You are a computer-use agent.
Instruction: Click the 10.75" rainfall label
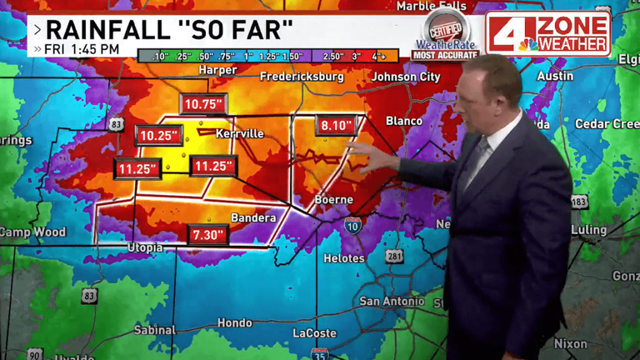203,104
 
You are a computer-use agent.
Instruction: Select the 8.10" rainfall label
337,126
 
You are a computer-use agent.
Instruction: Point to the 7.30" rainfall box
207,235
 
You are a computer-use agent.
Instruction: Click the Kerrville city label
239,133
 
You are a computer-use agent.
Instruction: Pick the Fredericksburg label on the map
302,77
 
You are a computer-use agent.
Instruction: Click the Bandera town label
253,218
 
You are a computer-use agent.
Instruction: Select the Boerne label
333,200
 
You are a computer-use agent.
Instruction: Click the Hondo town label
234,322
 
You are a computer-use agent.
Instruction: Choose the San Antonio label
392,301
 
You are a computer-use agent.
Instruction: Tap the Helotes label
344,258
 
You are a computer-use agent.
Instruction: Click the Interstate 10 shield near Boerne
352,225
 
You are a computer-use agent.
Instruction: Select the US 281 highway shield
395,257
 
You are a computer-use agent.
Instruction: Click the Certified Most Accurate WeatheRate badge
445,36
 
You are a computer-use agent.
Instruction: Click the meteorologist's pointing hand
363,153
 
